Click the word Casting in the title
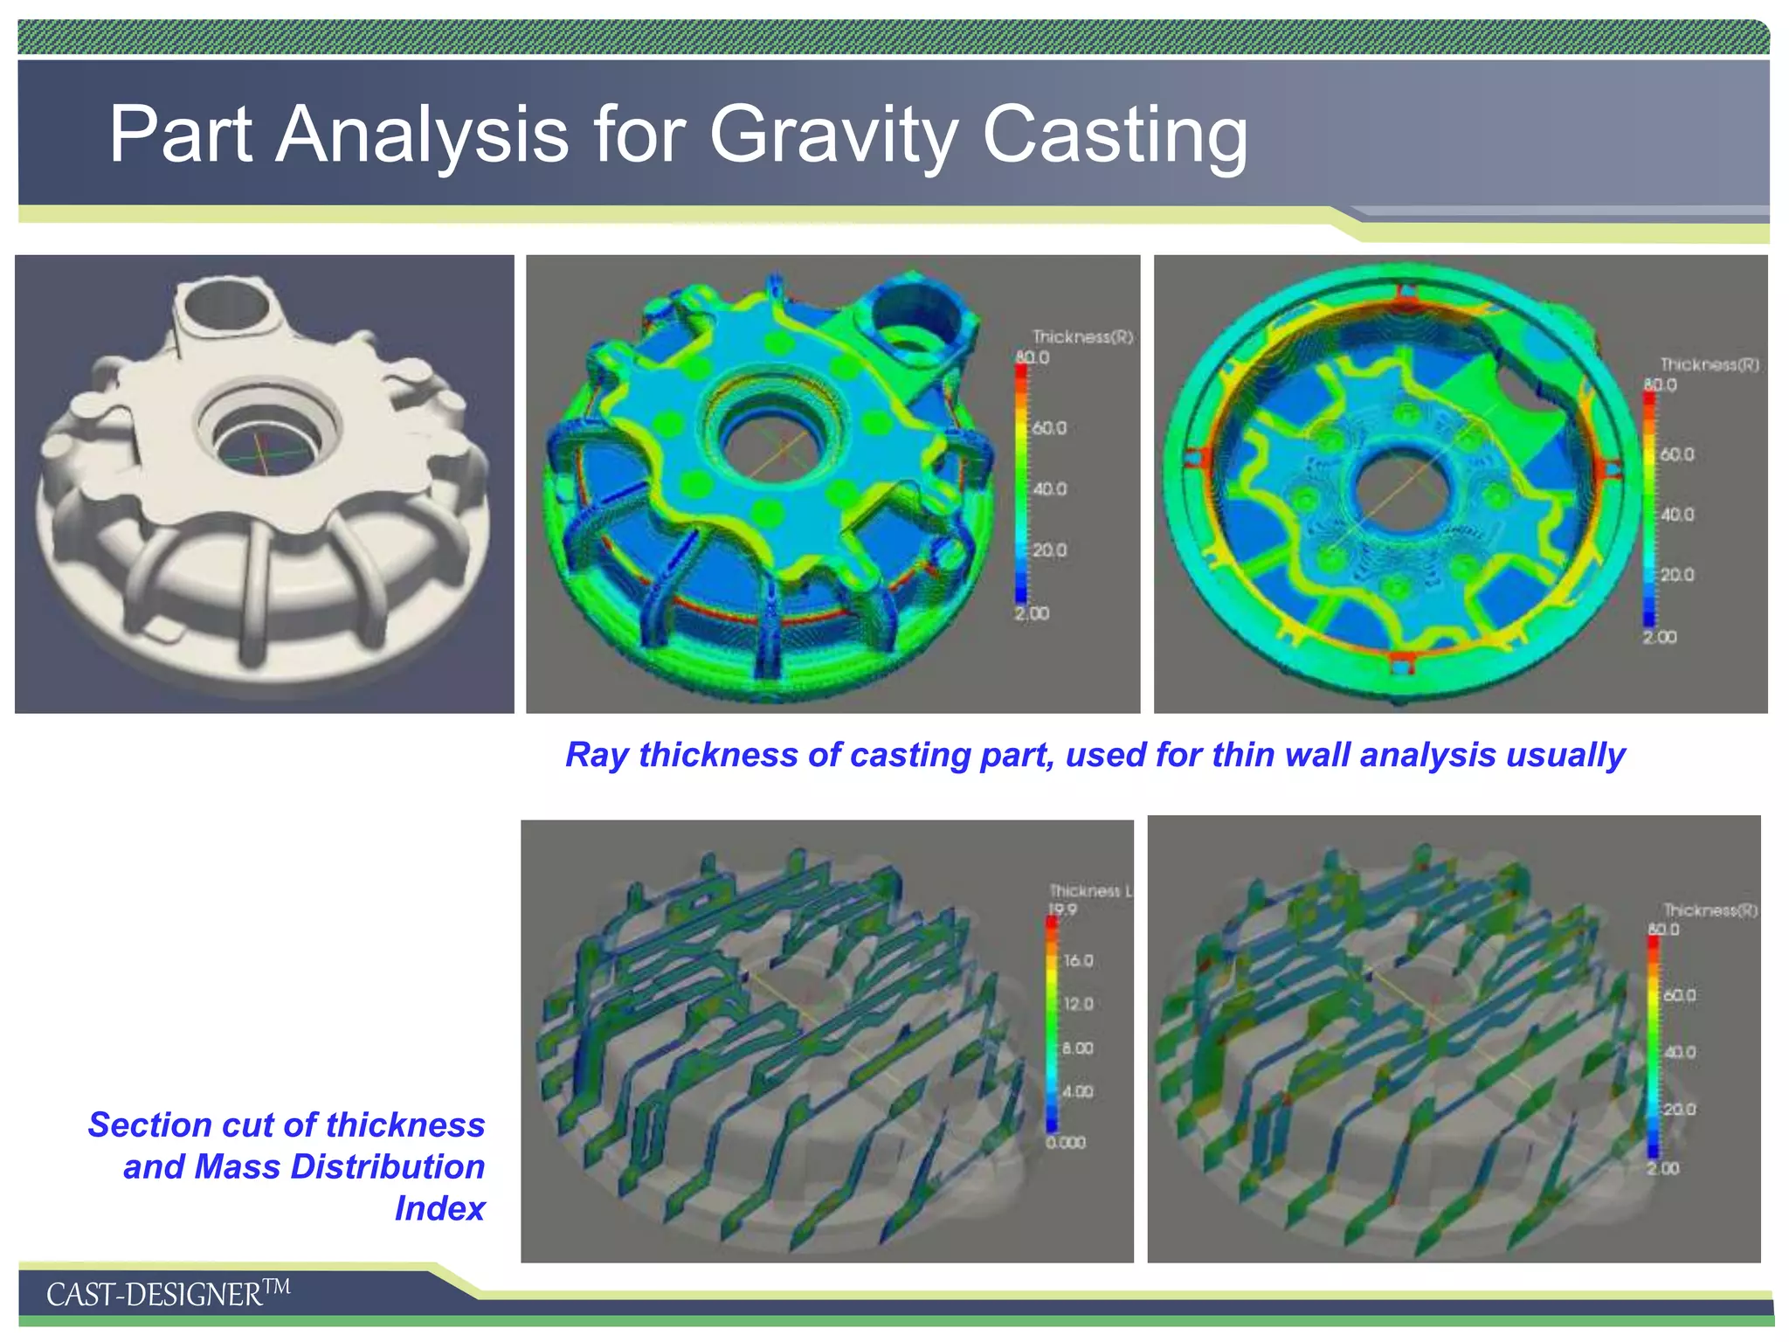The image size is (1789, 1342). (1115, 135)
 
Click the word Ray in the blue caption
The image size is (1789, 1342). (596, 755)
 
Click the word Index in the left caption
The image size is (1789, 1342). (439, 1208)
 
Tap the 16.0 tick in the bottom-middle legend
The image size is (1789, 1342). (1078, 960)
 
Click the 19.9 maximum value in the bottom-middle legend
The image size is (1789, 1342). (1062, 910)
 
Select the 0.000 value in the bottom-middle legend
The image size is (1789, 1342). (1066, 1142)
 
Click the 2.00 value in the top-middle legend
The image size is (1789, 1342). (1032, 613)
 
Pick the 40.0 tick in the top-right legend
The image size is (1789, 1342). (1676, 515)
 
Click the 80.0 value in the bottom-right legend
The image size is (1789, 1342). (1663, 929)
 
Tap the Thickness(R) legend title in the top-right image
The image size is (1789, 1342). (1710, 364)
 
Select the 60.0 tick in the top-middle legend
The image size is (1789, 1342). (1049, 428)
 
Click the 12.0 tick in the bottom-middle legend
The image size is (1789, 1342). (1078, 1004)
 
